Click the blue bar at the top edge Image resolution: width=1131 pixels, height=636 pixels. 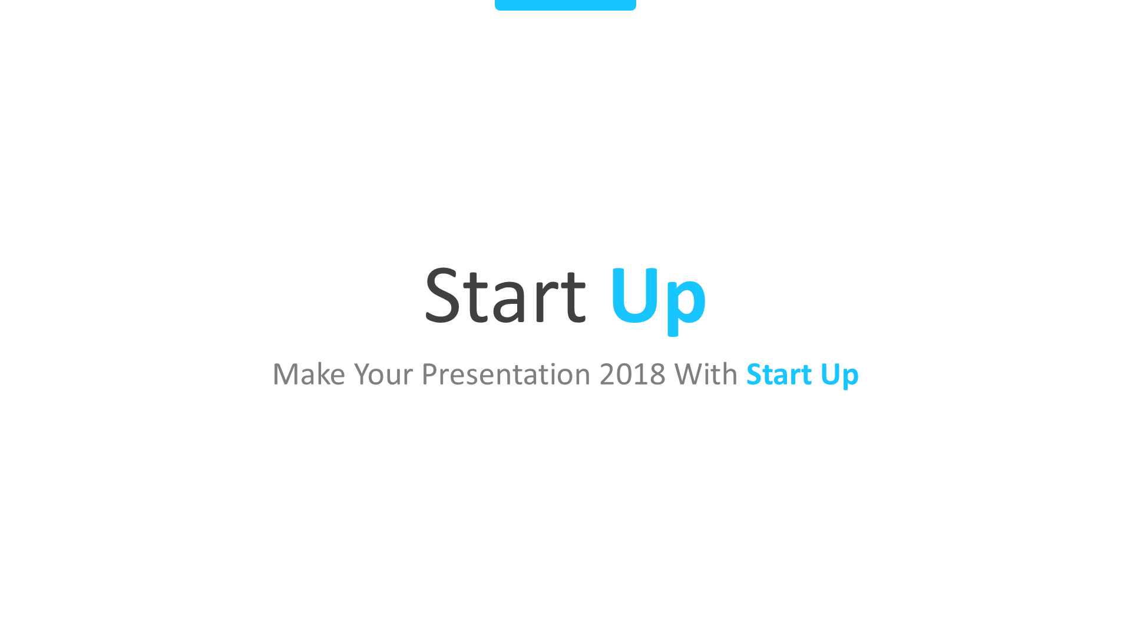pos(565,5)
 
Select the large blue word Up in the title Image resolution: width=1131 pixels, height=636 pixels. pos(658,297)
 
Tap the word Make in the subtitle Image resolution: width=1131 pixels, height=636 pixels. pos(309,375)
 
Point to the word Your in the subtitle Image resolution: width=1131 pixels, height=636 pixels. pos(383,375)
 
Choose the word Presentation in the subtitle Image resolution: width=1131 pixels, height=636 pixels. pos(506,375)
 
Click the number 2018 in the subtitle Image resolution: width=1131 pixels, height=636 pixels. pos(633,375)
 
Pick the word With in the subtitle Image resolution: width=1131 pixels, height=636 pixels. pos(706,375)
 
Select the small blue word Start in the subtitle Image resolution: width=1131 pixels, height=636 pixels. pos(779,375)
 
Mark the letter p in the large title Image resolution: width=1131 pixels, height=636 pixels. pos(686,303)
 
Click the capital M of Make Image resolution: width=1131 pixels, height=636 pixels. pos(286,375)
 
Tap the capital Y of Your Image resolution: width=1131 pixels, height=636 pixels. pos(363,375)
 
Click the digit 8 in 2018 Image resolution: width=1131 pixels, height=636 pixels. pos(657,375)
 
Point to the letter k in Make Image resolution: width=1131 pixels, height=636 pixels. pos(322,375)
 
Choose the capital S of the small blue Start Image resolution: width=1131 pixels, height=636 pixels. pos(754,375)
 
